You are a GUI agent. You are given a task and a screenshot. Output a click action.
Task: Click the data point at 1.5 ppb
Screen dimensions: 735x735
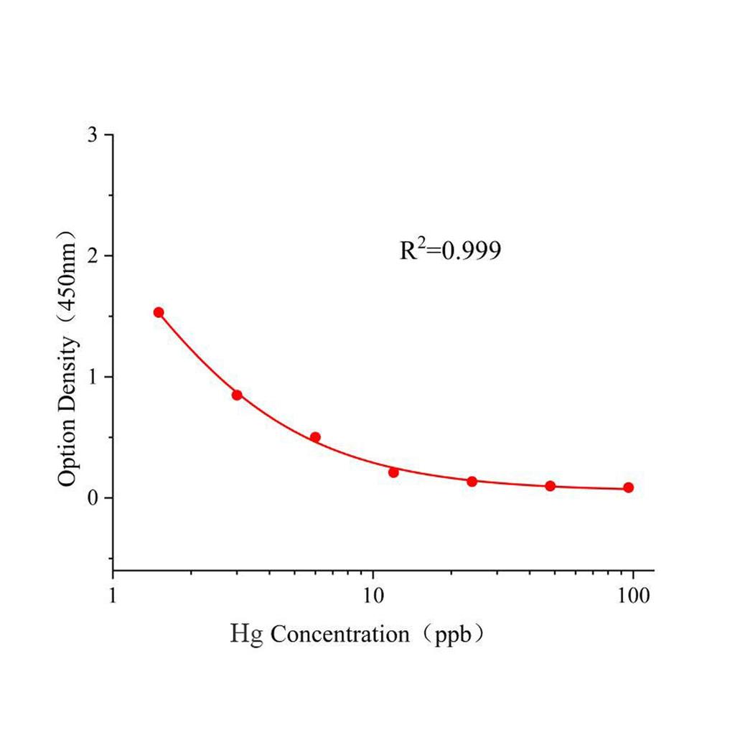[x=159, y=312]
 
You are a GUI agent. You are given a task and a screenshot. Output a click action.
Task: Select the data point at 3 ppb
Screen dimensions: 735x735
[x=237, y=395]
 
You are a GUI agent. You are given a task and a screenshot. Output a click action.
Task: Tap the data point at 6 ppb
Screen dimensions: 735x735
[x=315, y=437]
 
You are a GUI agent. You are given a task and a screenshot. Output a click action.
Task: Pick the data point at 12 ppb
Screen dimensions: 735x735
[x=393, y=472]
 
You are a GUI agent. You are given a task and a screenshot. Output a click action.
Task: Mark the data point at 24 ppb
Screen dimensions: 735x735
[x=472, y=481]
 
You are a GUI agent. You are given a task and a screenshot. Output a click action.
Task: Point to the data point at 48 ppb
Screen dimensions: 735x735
[x=551, y=486]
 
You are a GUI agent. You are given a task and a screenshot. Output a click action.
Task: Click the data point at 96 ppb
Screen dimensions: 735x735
[x=629, y=487]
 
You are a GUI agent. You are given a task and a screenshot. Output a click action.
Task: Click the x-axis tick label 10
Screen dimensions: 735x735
[x=373, y=596]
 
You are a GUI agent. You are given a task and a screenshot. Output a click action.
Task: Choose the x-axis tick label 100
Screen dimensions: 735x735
[x=632, y=596]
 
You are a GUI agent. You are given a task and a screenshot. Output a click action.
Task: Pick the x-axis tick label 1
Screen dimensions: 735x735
[x=113, y=596]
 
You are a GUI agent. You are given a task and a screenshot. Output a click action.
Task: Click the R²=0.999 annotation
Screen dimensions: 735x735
[x=449, y=250]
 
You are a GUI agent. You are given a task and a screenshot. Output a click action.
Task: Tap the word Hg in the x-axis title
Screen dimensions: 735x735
[x=247, y=635]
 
